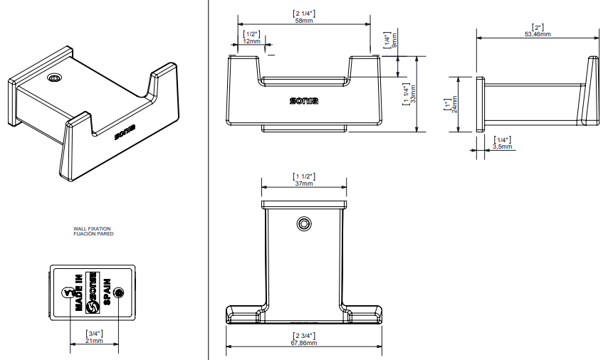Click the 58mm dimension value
pos(304,21)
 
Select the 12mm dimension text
pos(251,41)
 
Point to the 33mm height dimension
pos(406,94)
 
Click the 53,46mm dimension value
pos(538,33)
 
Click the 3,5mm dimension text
pos(503,147)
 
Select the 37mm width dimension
pos(304,184)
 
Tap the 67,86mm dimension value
pos(305,342)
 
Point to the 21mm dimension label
pos(94,341)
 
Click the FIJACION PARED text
pos(93,233)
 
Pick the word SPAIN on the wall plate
pos(106,292)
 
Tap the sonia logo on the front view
pos(304,100)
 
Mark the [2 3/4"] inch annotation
pos(305,335)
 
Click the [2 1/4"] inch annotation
pos(304,14)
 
